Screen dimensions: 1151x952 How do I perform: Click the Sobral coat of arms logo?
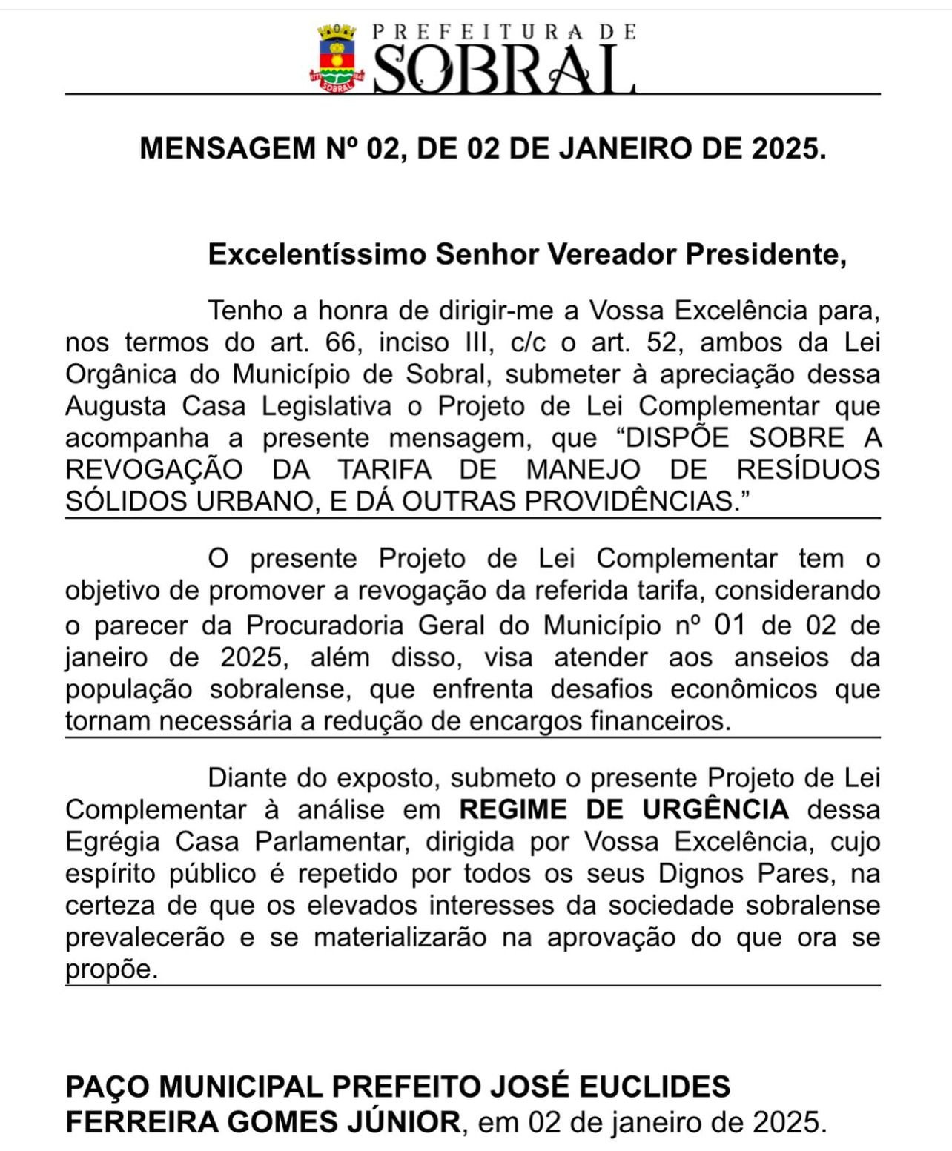(x=337, y=58)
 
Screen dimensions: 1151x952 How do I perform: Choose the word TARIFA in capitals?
(x=385, y=470)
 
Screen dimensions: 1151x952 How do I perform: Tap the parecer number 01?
(x=730, y=625)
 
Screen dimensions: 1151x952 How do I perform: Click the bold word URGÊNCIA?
(x=715, y=809)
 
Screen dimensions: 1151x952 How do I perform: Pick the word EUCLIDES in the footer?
(x=655, y=1087)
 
